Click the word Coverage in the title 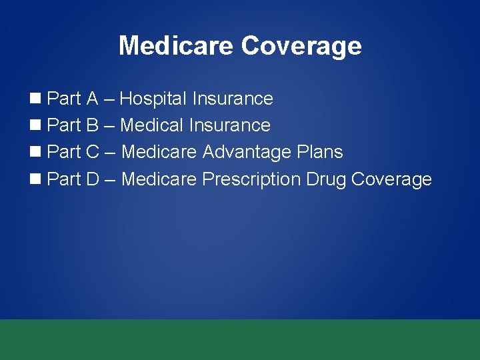pyautogui.click(x=301, y=46)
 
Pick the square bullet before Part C pyautogui.click(x=36, y=153)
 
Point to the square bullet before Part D pyautogui.click(x=36, y=179)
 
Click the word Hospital pyautogui.click(x=153, y=99)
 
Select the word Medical pyautogui.click(x=153, y=126)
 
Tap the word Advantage pyautogui.click(x=246, y=153)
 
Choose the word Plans pyautogui.click(x=319, y=153)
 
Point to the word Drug pyautogui.click(x=326, y=180)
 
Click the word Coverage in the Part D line pyautogui.click(x=391, y=180)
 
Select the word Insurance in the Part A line pyautogui.click(x=233, y=99)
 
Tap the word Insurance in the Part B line pyautogui.click(x=230, y=126)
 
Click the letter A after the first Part pyautogui.click(x=92, y=99)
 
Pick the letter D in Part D pyautogui.click(x=93, y=179)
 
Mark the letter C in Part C pyautogui.click(x=93, y=153)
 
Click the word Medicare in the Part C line pyautogui.click(x=159, y=153)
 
